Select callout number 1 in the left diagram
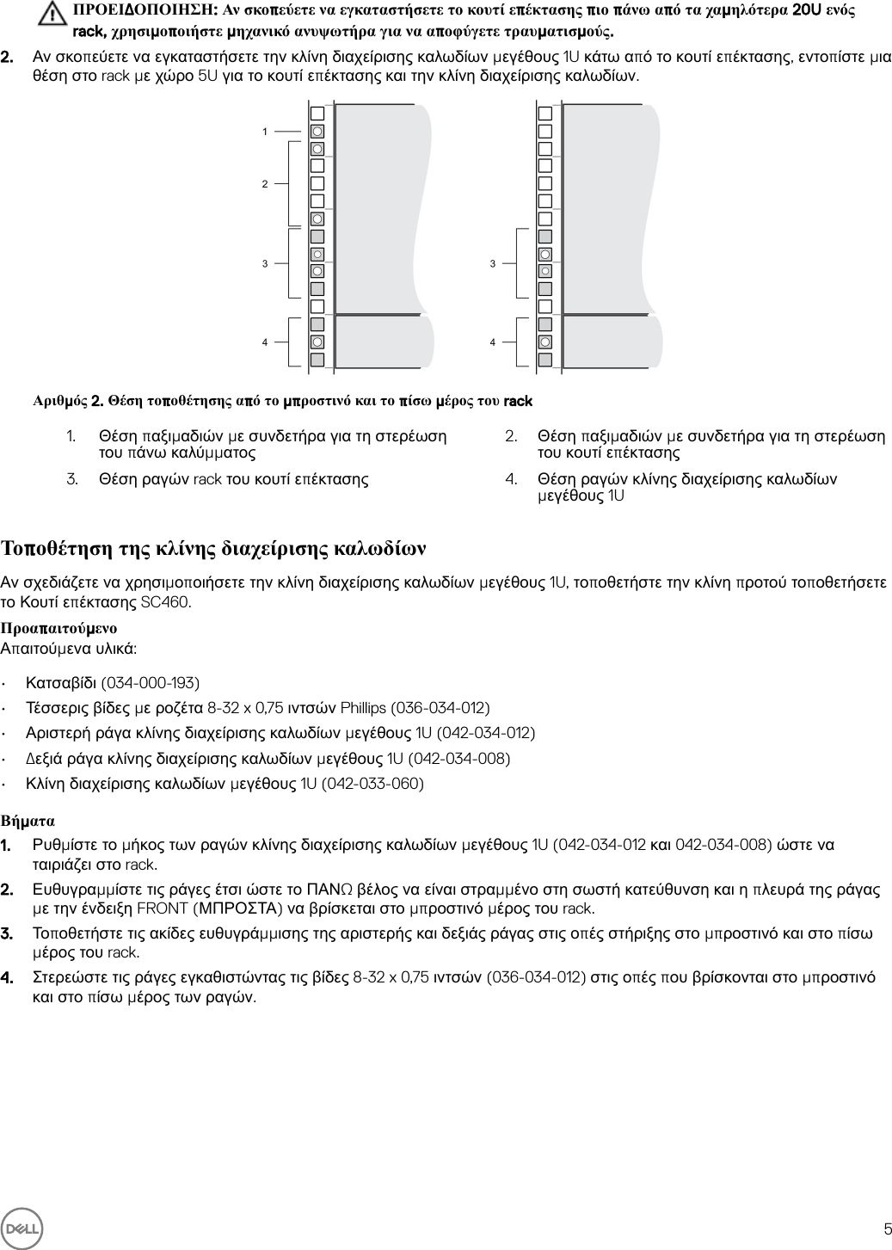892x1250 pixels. click(265, 132)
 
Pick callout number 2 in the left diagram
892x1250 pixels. click(265, 184)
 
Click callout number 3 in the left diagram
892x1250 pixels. click(265, 263)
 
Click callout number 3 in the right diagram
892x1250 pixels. click(493, 263)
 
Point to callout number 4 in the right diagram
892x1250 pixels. click(493, 342)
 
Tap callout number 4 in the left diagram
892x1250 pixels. click(265, 342)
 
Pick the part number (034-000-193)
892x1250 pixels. click(151, 683)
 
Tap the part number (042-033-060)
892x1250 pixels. click(372, 784)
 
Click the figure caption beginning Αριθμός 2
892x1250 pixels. click(282, 401)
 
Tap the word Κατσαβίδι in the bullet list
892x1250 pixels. click(61, 683)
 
